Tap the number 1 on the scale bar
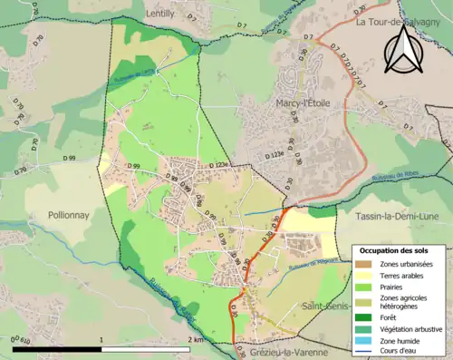coord(101,339)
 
